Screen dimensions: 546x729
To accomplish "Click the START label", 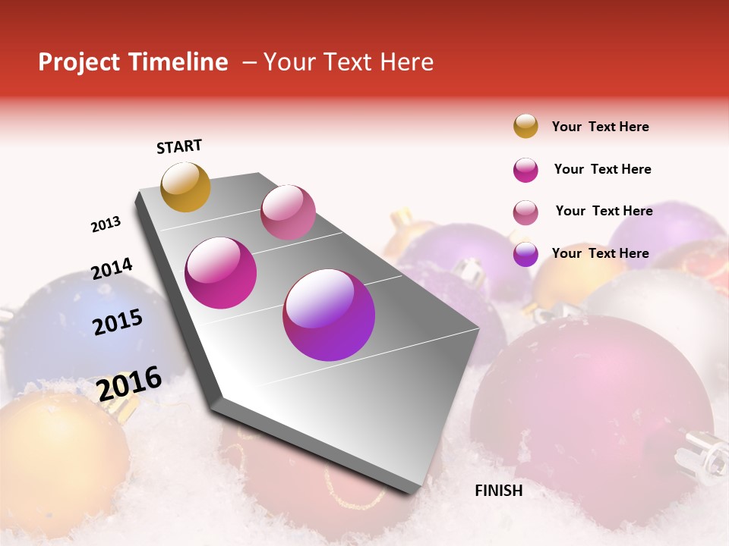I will (x=179, y=146).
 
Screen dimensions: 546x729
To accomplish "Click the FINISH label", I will (x=499, y=491).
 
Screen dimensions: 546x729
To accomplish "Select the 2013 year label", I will (x=106, y=224).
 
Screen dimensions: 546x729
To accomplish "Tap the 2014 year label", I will (x=112, y=269).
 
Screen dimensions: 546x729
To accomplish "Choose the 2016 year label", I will (x=129, y=384).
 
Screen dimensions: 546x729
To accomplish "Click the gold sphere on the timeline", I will (x=185, y=187).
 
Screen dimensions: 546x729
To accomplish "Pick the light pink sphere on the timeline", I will (x=288, y=212).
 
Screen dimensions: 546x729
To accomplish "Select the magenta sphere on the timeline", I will (x=221, y=273).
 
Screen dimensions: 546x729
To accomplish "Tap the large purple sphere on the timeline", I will (x=329, y=315).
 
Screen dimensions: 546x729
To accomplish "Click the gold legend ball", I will (x=525, y=126).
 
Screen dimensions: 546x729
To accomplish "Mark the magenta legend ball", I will (x=525, y=170).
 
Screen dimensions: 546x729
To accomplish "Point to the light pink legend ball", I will (x=525, y=212).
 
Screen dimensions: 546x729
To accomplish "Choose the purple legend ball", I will (x=525, y=254).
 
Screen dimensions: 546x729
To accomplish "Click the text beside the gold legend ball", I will (x=600, y=127).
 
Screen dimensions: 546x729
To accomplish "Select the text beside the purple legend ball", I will (x=600, y=253).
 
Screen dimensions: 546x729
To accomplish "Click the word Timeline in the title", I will (x=178, y=62).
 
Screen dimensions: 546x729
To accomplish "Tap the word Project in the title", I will (x=80, y=62).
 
